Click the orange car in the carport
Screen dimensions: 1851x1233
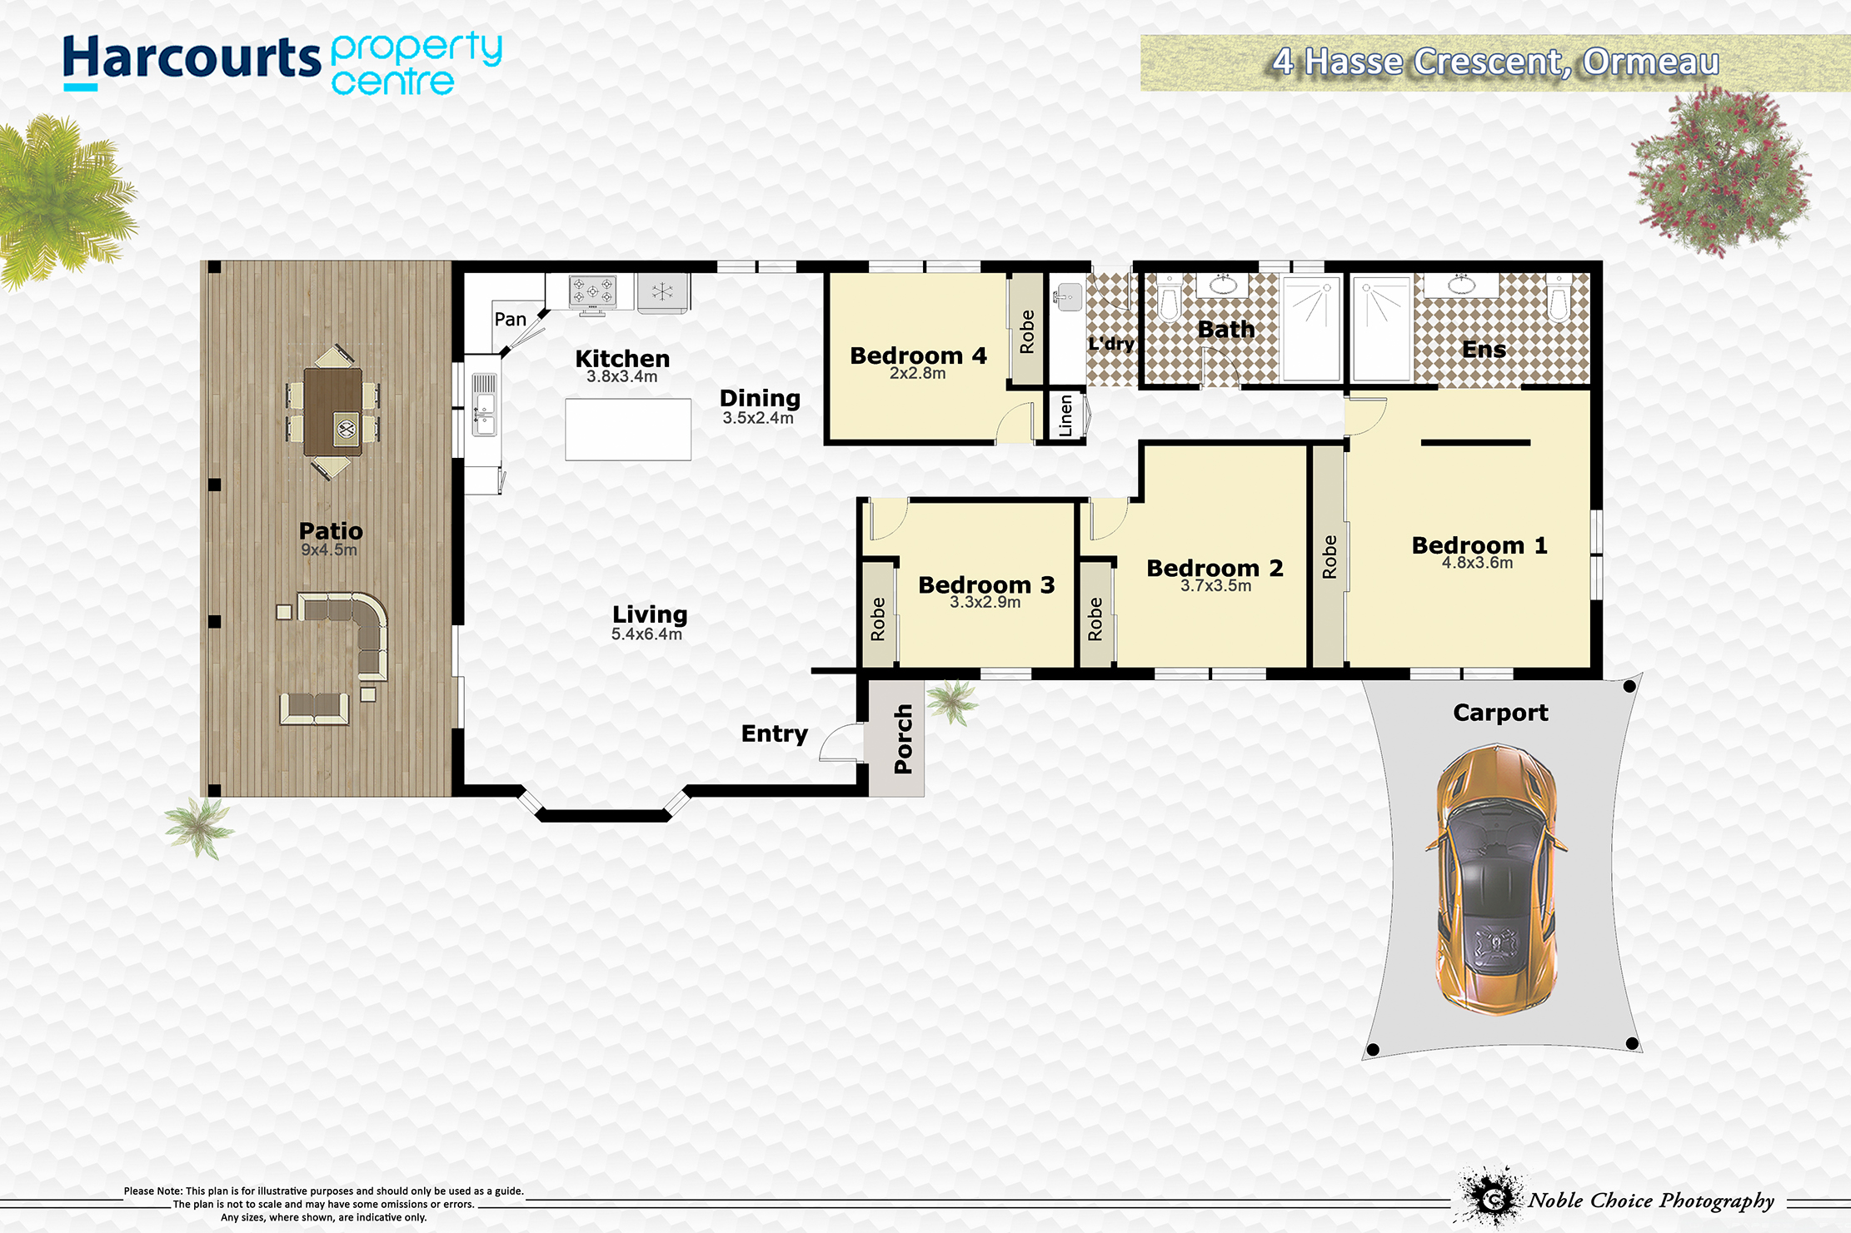pyautogui.click(x=1496, y=879)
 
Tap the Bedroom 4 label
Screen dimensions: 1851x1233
pyautogui.click(x=918, y=355)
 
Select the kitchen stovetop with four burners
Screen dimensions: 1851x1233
pyautogui.click(x=592, y=293)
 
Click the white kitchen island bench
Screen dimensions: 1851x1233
pyautogui.click(x=628, y=430)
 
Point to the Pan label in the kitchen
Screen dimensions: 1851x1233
pyautogui.click(x=510, y=319)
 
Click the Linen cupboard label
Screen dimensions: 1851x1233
pyautogui.click(x=1065, y=415)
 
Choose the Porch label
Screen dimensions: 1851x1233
pyautogui.click(x=903, y=739)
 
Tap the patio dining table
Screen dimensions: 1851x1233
pyautogui.click(x=333, y=412)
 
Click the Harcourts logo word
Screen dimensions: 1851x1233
pyautogui.click(x=192, y=58)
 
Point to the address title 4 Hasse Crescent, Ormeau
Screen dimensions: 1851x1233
pyautogui.click(x=1496, y=62)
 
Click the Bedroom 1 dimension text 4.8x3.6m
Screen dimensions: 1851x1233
pyautogui.click(x=1478, y=563)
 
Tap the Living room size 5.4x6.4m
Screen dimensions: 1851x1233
pyautogui.click(x=646, y=634)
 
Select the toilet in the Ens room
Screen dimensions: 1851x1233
pyautogui.click(x=1559, y=297)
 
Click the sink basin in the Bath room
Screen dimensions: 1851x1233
pyautogui.click(x=1222, y=285)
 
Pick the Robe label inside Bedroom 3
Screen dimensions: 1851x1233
pyautogui.click(x=878, y=619)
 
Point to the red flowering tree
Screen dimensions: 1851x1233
pyautogui.click(x=1719, y=171)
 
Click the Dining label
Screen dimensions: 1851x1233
pyautogui.click(x=760, y=399)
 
